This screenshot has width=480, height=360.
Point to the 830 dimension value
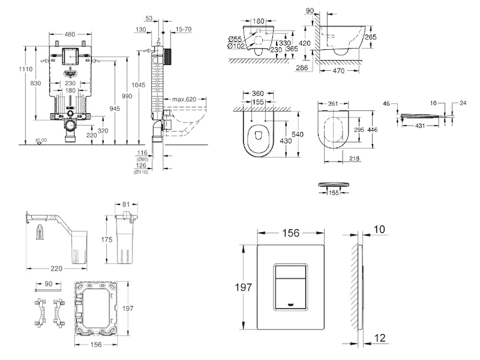(37, 83)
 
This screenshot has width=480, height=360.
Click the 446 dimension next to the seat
(373, 128)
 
